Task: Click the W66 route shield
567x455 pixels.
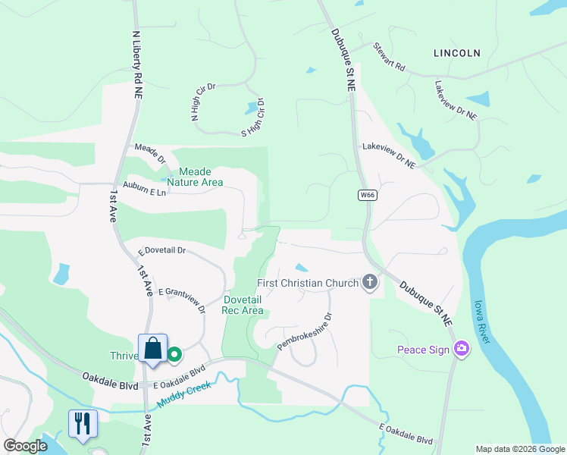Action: (x=368, y=196)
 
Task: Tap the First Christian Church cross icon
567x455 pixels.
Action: (x=370, y=283)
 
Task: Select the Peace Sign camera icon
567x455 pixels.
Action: (x=461, y=349)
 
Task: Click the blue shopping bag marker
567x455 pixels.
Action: (x=152, y=349)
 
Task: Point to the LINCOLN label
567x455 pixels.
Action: (x=457, y=53)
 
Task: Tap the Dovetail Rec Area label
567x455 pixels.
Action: (x=243, y=305)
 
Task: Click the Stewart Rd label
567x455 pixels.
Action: (x=389, y=57)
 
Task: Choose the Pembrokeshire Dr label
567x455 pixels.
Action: (x=305, y=331)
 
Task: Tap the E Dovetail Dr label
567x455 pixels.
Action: (x=161, y=250)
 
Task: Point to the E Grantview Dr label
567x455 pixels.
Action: (x=185, y=299)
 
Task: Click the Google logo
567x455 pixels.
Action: (x=25, y=446)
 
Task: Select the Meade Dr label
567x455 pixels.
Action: (x=149, y=153)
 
